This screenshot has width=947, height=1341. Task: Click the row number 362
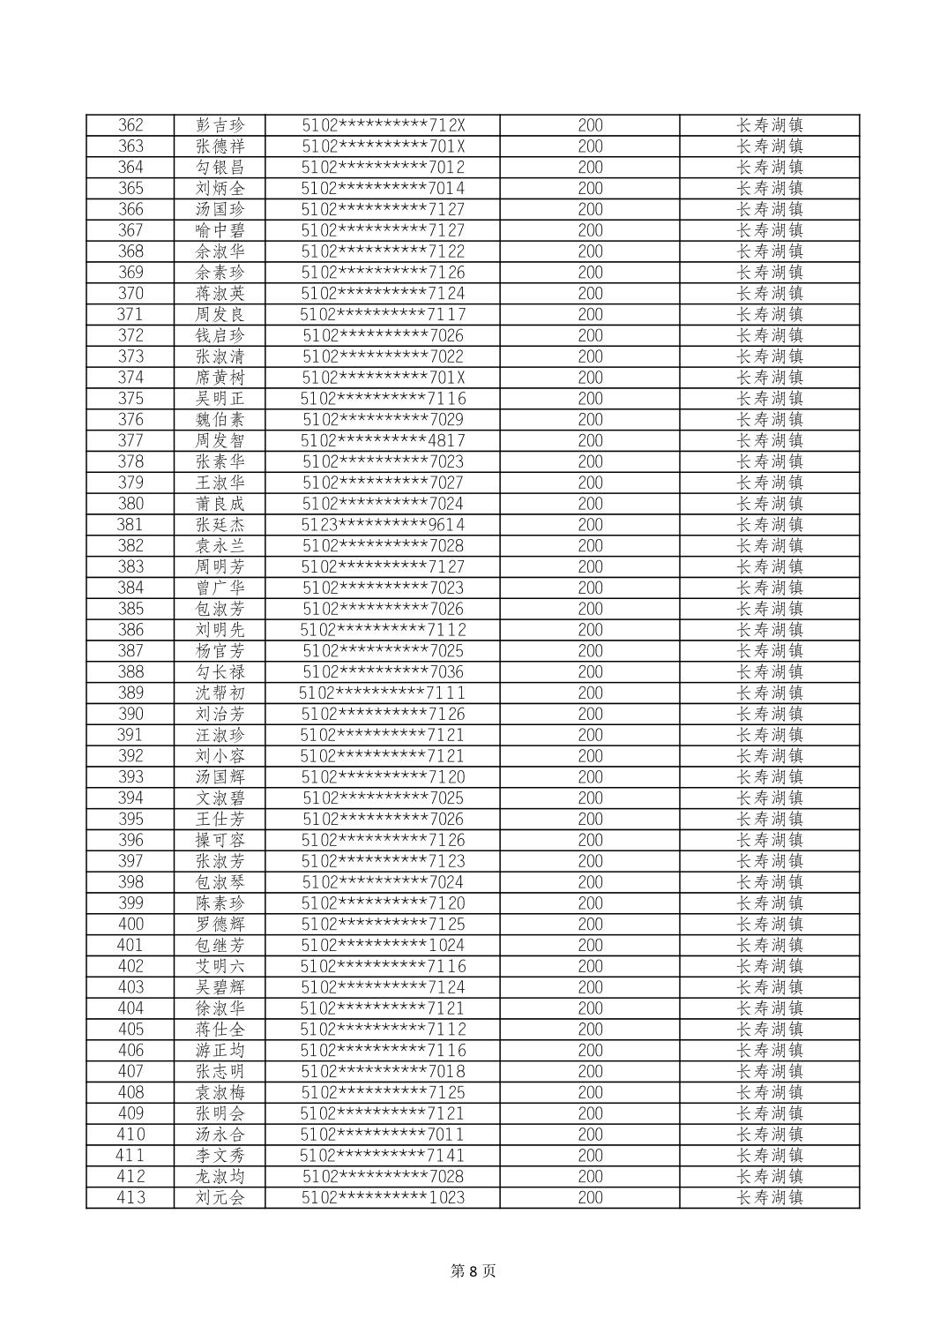click(130, 125)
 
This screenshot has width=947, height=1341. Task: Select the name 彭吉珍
click(220, 125)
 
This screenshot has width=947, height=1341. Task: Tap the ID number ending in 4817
click(383, 440)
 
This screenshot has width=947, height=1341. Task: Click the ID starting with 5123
click(383, 525)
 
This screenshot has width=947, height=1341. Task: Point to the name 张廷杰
click(220, 525)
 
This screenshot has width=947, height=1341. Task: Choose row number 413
click(130, 1197)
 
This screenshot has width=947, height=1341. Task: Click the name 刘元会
click(220, 1197)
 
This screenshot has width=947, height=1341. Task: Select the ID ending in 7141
click(383, 1155)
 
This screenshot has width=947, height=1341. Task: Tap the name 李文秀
click(220, 1155)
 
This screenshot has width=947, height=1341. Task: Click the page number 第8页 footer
click(473, 1270)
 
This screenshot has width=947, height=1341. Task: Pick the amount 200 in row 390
click(590, 714)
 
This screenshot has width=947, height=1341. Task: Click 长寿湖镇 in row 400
click(770, 924)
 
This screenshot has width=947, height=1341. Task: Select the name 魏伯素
click(220, 420)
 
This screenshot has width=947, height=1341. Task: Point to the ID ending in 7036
click(383, 671)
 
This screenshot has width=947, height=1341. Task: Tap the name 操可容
click(220, 840)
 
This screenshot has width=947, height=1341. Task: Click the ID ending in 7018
click(383, 1071)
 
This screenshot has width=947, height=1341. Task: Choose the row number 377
click(130, 440)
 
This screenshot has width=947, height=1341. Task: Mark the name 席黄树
click(220, 378)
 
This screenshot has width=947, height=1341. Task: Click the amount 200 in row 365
click(590, 188)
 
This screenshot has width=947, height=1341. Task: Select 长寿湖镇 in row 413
click(770, 1197)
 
